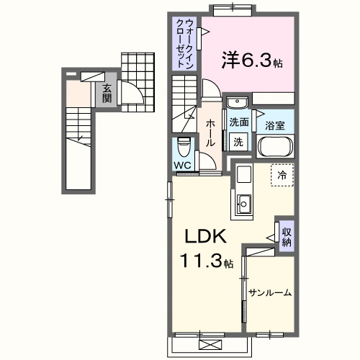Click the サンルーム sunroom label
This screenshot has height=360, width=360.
coord(270,292)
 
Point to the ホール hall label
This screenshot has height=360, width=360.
coord(209,133)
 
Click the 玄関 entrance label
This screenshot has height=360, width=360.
coord(107,93)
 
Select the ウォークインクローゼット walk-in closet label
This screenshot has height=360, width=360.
coord(185,42)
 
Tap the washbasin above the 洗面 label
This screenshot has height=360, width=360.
coord(238,103)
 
